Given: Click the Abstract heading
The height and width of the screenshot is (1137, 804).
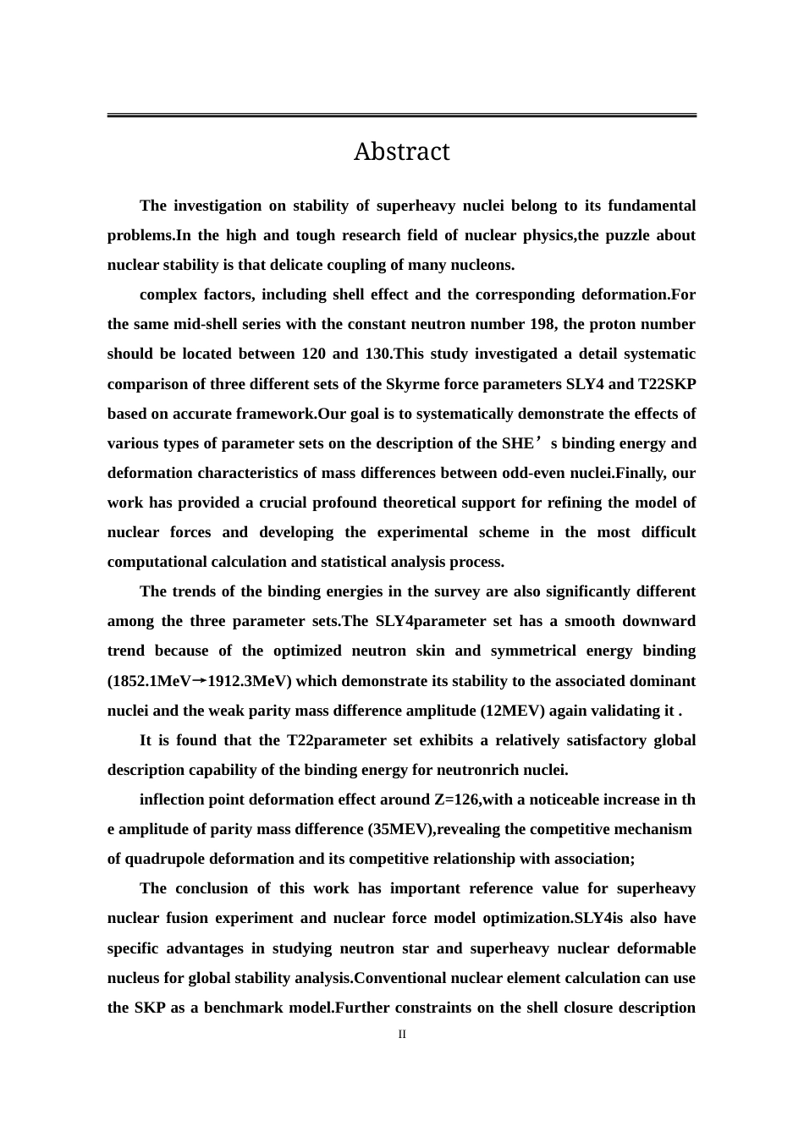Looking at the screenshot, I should (x=401, y=152).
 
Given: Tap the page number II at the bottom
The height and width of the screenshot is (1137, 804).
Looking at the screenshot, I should (x=402, y=1034).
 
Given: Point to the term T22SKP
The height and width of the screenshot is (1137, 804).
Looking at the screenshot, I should (x=667, y=384).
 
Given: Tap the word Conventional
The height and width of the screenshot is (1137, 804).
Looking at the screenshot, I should (x=402, y=978).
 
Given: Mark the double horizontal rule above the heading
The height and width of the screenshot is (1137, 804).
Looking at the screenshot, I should (x=401, y=115).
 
